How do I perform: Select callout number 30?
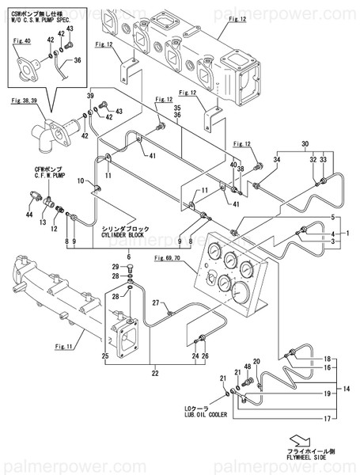(303, 144)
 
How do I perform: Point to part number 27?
(157, 304)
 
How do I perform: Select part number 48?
(246, 367)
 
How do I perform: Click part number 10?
(81, 181)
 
